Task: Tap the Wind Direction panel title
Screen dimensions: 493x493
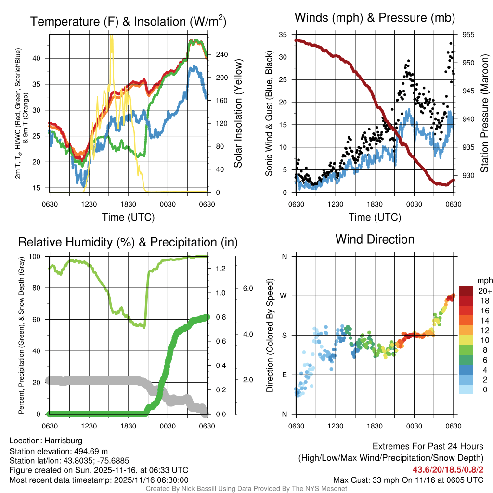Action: pos(375,239)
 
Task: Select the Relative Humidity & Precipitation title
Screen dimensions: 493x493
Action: pos(128,242)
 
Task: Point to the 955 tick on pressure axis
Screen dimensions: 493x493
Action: pos(468,35)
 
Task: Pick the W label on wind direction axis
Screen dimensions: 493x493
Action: pos(284,296)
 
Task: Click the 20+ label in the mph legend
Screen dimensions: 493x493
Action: pos(484,291)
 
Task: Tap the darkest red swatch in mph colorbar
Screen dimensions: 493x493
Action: pos(466,291)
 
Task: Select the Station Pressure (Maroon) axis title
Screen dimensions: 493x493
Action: pos(484,114)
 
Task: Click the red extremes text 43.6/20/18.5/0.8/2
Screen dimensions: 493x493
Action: pos(448,469)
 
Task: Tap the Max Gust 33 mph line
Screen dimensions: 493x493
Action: pos(408,480)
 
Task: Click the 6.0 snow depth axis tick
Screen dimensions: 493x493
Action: pos(247,288)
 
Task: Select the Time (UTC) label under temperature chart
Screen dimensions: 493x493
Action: pos(128,217)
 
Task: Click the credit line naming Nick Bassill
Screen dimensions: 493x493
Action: pos(246,489)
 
